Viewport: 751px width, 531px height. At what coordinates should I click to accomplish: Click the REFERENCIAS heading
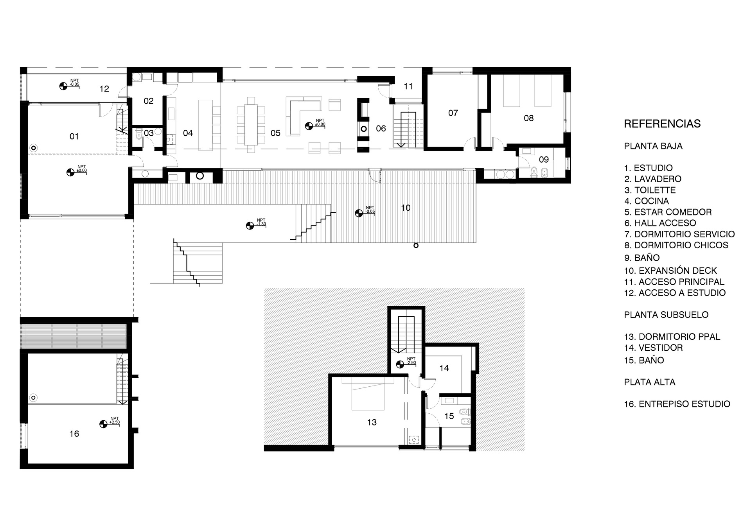coord(662,124)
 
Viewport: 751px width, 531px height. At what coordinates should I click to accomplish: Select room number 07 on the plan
coord(453,113)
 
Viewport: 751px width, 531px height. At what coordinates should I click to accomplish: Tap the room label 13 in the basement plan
coord(372,422)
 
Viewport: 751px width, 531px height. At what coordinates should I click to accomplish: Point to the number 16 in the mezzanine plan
coord(74,434)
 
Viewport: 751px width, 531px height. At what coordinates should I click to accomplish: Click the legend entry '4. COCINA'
coord(647,201)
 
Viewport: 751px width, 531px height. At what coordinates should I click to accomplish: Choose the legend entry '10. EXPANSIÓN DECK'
coord(671,271)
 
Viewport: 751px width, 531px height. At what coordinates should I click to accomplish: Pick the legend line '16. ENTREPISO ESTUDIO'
coord(677,404)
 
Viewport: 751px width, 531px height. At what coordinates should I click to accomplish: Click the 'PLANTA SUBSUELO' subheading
coord(666,315)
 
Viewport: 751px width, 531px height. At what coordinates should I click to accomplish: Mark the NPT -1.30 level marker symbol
coord(250,226)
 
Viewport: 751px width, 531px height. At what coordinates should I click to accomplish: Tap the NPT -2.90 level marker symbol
coord(400,364)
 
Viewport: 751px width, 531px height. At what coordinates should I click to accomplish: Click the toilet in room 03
coord(138,136)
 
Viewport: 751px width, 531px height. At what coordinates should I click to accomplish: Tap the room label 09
coord(544,160)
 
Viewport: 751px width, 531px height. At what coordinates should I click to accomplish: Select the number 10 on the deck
coord(406,208)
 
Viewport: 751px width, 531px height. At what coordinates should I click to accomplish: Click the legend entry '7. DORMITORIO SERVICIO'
coord(679,234)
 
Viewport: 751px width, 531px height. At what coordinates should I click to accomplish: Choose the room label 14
coord(444,368)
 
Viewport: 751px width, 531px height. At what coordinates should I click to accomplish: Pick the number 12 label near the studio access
coord(104,89)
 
